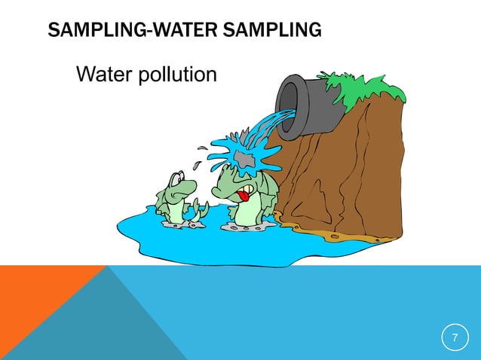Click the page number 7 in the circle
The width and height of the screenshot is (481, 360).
455,337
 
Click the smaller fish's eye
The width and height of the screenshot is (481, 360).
176,180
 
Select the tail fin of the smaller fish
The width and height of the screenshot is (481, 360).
198,211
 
